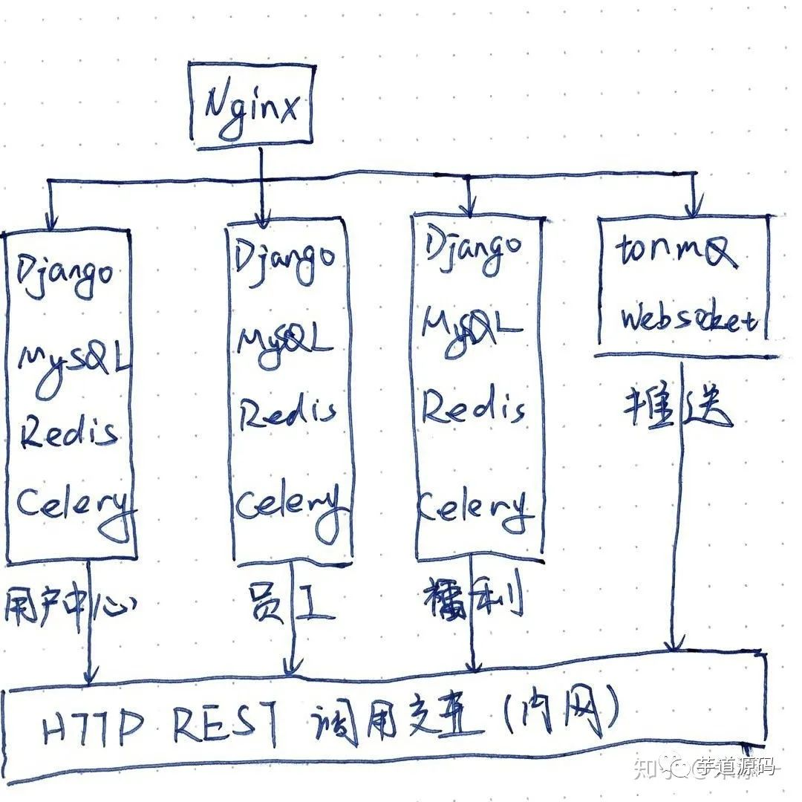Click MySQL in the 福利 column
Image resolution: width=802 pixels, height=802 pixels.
click(469, 325)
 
